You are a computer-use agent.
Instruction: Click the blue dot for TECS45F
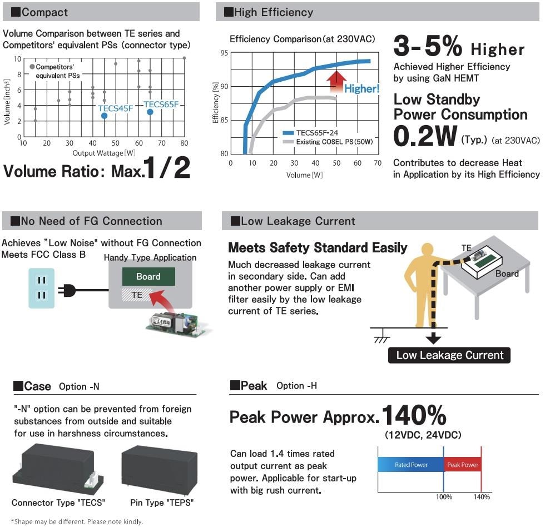(x=104, y=116)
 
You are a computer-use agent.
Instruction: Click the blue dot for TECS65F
(x=150, y=112)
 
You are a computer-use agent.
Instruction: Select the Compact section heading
(x=44, y=12)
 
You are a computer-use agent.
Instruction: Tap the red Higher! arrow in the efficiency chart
(x=335, y=81)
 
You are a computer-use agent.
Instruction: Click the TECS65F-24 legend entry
(x=317, y=133)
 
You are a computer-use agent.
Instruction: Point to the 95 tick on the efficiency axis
(x=224, y=53)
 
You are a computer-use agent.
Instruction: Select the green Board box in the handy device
(x=148, y=277)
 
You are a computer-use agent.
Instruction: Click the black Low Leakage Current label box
(x=449, y=355)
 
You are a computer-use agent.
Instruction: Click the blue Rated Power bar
(x=410, y=465)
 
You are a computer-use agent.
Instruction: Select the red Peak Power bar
(x=462, y=465)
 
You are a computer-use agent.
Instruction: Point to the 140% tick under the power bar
(x=482, y=496)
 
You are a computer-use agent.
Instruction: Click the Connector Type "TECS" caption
(x=58, y=503)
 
